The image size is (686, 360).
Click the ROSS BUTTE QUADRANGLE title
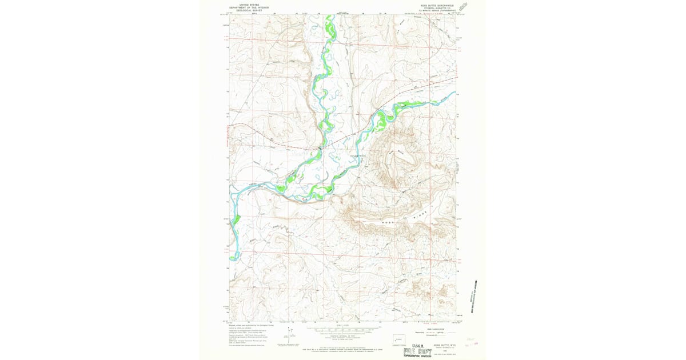coord(437,4)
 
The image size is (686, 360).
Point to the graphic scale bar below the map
coord(344,330)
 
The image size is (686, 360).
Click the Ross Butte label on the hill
coord(393,153)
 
